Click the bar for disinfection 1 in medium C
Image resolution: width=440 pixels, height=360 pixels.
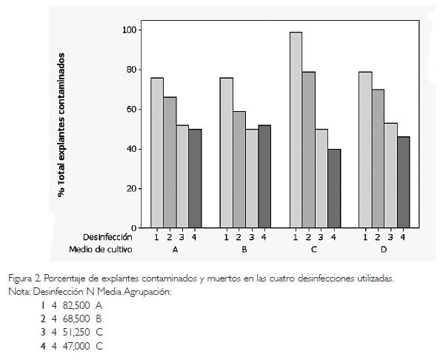(x=296, y=130)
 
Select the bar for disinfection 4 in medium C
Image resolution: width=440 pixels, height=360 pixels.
(x=334, y=188)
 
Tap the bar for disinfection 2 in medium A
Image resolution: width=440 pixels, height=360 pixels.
(x=170, y=162)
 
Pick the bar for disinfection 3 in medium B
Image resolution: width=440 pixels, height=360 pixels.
(x=252, y=179)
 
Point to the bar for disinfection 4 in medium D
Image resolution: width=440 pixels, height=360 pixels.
(x=404, y=182)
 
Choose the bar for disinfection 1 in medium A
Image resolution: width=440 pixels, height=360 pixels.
(x=157, y=153)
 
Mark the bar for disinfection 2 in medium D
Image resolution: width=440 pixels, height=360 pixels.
(x=379, y=159)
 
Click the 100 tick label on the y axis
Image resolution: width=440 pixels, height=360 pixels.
(x=130, y=30)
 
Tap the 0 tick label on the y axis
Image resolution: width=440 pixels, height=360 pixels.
(x=134, y=228)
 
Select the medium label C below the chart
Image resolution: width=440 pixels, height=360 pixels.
(x=314, y=250)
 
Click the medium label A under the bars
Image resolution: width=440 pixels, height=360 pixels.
(x=175, y=250)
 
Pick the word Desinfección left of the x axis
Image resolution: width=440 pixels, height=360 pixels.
(x=107, y=237)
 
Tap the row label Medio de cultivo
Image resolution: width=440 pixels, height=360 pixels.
(x=101, y=249)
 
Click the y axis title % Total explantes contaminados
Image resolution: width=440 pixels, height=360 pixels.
(x=61, y=125)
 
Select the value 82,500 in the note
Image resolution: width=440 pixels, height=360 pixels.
(x=76, y=306)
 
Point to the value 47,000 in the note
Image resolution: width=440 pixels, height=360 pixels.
(x=76, y=346)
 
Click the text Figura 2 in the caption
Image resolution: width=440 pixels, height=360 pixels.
(x=25, y=279)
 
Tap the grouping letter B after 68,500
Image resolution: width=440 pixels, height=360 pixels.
(x=99, y=319)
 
